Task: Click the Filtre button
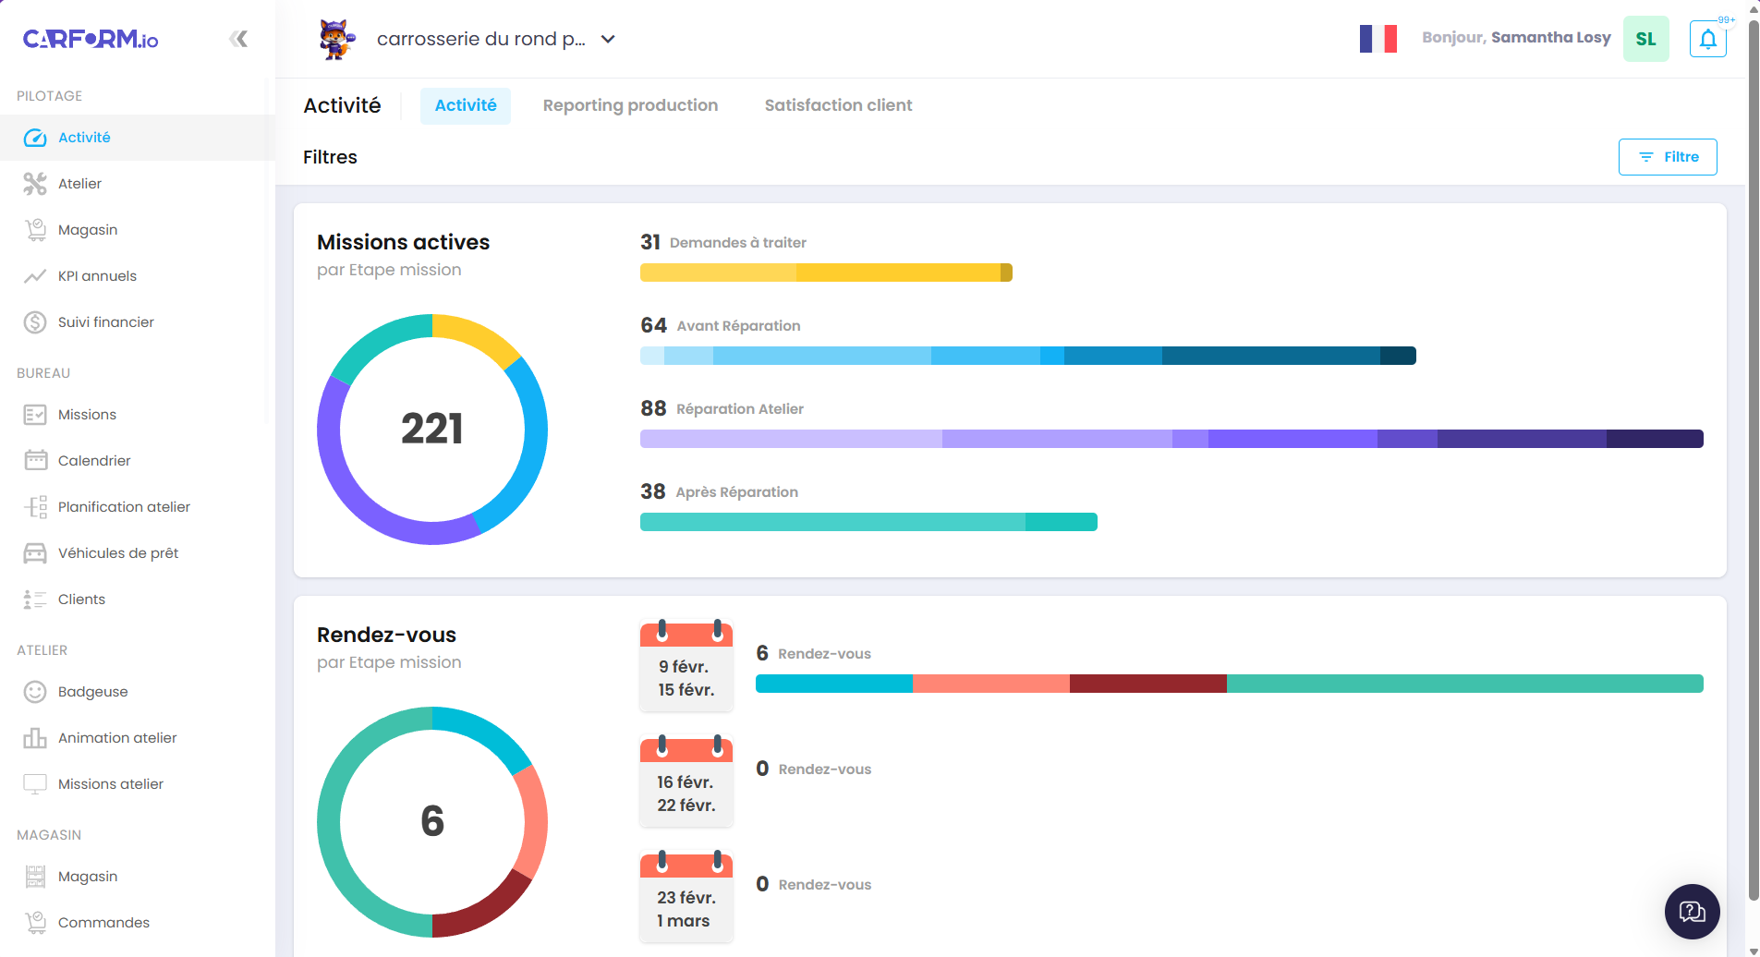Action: click(x=1667, y=157)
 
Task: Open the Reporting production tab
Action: click(x=630, y=105)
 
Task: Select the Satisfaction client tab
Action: click(x=838, y=105)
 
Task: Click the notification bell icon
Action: click(x=1707, y=39)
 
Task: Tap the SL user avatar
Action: click(x=1645, y=39)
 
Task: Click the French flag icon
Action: click(x=1378, y=39)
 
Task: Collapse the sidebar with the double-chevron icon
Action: click(x=238, y=39)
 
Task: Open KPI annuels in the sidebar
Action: click(x=97, y=276)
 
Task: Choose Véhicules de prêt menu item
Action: click(x=118, y=553)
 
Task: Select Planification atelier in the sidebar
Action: click(x=124, y=507)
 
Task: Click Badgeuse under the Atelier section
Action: click(x=92, y=692)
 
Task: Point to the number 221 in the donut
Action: click(x=431, y=429)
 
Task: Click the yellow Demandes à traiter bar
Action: click(x=825, y=273)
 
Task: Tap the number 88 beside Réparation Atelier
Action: click(x=653, y=408)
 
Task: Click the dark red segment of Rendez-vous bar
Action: click(x=1147, y=684)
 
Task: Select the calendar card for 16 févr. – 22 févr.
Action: click(x=686, y=781)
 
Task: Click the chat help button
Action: click(x=1692, y=912)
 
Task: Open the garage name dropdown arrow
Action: click(x=608, y=39)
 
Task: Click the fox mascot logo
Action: click(x=336, y=39)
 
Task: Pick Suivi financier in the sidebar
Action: click(x=105, y=322)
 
